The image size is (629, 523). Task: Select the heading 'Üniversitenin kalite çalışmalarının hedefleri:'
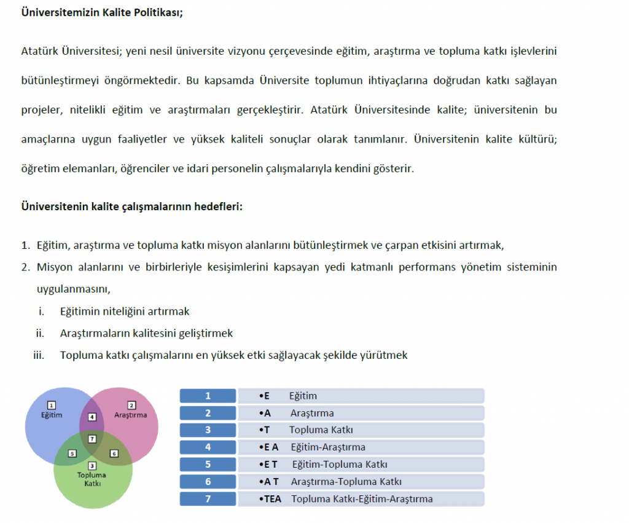(132, 205)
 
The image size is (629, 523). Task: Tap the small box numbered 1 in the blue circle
(52, 405)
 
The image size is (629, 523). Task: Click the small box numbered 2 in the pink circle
(131, 405)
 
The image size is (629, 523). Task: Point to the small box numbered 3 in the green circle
(92, 465)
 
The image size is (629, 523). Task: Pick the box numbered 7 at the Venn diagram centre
(92, 438)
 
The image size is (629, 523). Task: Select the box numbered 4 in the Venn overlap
(92, 417)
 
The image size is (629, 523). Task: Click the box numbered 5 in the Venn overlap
(72, 454)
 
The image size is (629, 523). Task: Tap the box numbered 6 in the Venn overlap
(114, 454)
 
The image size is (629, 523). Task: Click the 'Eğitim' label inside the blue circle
(52, 415)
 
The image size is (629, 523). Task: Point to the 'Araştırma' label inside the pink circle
(131, 415)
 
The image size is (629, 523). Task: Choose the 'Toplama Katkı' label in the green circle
(92, 478)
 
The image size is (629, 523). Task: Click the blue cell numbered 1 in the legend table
(208, 396)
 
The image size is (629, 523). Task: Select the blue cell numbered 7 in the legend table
(208, 498)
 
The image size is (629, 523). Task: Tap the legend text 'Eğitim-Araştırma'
(328, 447)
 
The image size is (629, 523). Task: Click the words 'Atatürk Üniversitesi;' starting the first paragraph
(71, 51)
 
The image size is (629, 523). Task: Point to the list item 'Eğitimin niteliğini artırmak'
(124, 312)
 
